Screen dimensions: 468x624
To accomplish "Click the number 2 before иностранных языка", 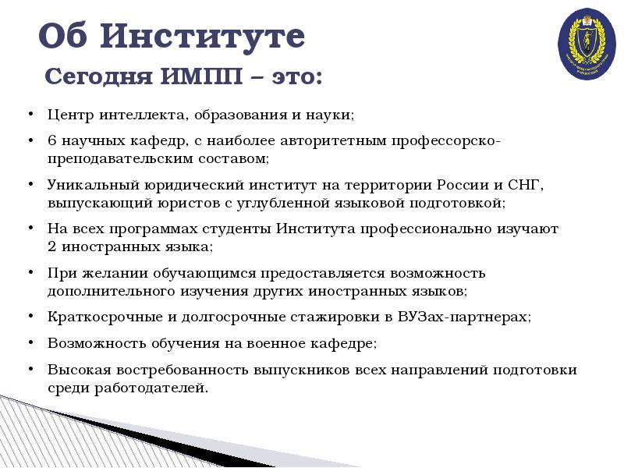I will click(x=51, y=246).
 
